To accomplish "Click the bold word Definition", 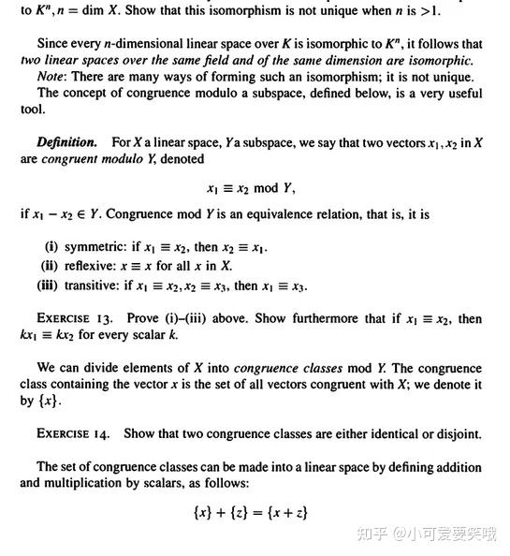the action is coord(66,142).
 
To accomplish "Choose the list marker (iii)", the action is coord(48,285).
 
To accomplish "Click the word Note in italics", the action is coord(51,77).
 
